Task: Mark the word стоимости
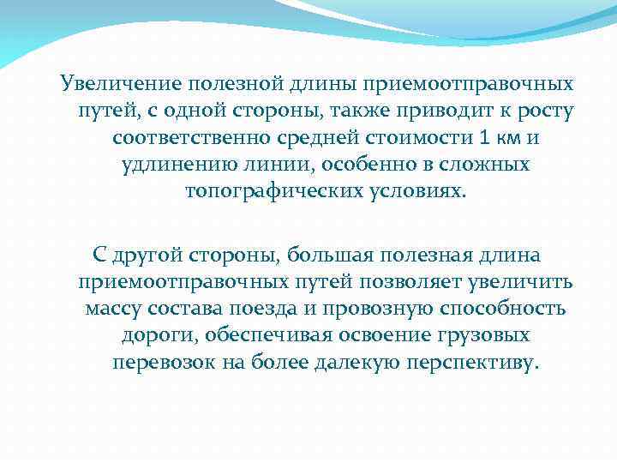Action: [x=395, y=138]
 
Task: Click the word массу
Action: [x=114, y=308]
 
